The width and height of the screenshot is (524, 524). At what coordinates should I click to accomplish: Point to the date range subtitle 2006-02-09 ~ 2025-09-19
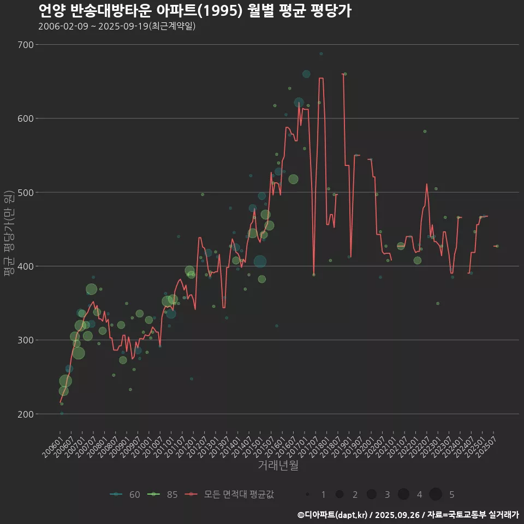tap(117, 26)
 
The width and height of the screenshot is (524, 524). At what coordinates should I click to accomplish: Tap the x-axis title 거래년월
tap(278, 466)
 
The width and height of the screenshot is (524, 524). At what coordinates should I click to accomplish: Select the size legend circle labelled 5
tap(435, 495)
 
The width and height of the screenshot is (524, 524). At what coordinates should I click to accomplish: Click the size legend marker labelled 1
tap(308, 495)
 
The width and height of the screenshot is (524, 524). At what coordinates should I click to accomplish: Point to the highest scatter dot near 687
tap(321, 54)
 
